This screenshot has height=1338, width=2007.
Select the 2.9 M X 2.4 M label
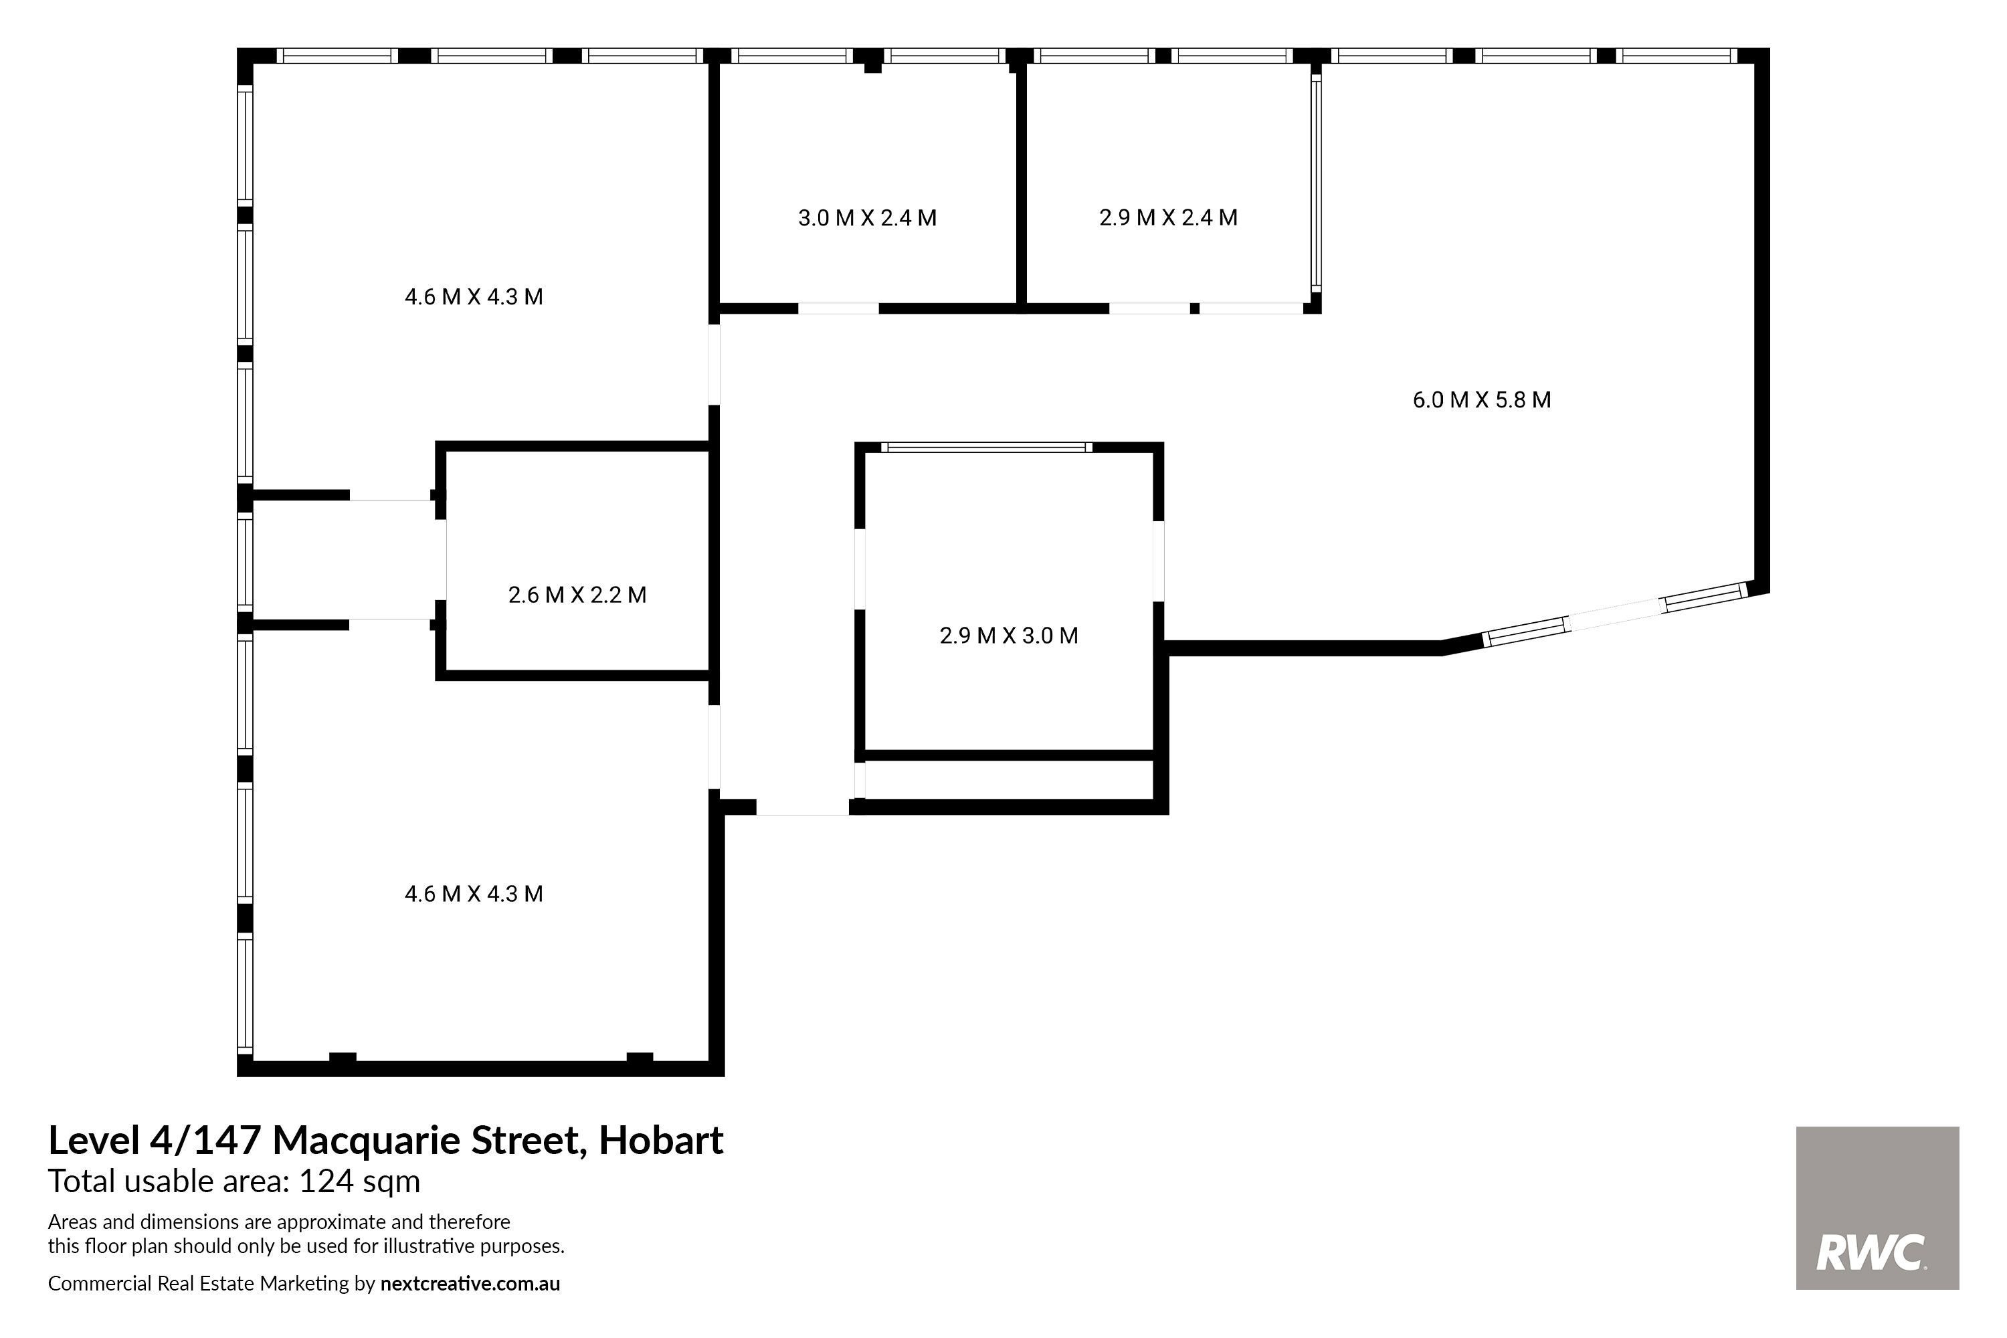(1168, 217)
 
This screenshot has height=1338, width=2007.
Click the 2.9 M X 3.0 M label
(1009, 635)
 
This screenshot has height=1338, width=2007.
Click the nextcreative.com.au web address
(470, 1283)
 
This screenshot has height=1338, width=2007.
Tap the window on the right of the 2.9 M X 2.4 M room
(1316, 183)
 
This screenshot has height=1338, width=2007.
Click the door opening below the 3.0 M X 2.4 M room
(838, 308)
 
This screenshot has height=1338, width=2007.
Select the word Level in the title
(94, 1140)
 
